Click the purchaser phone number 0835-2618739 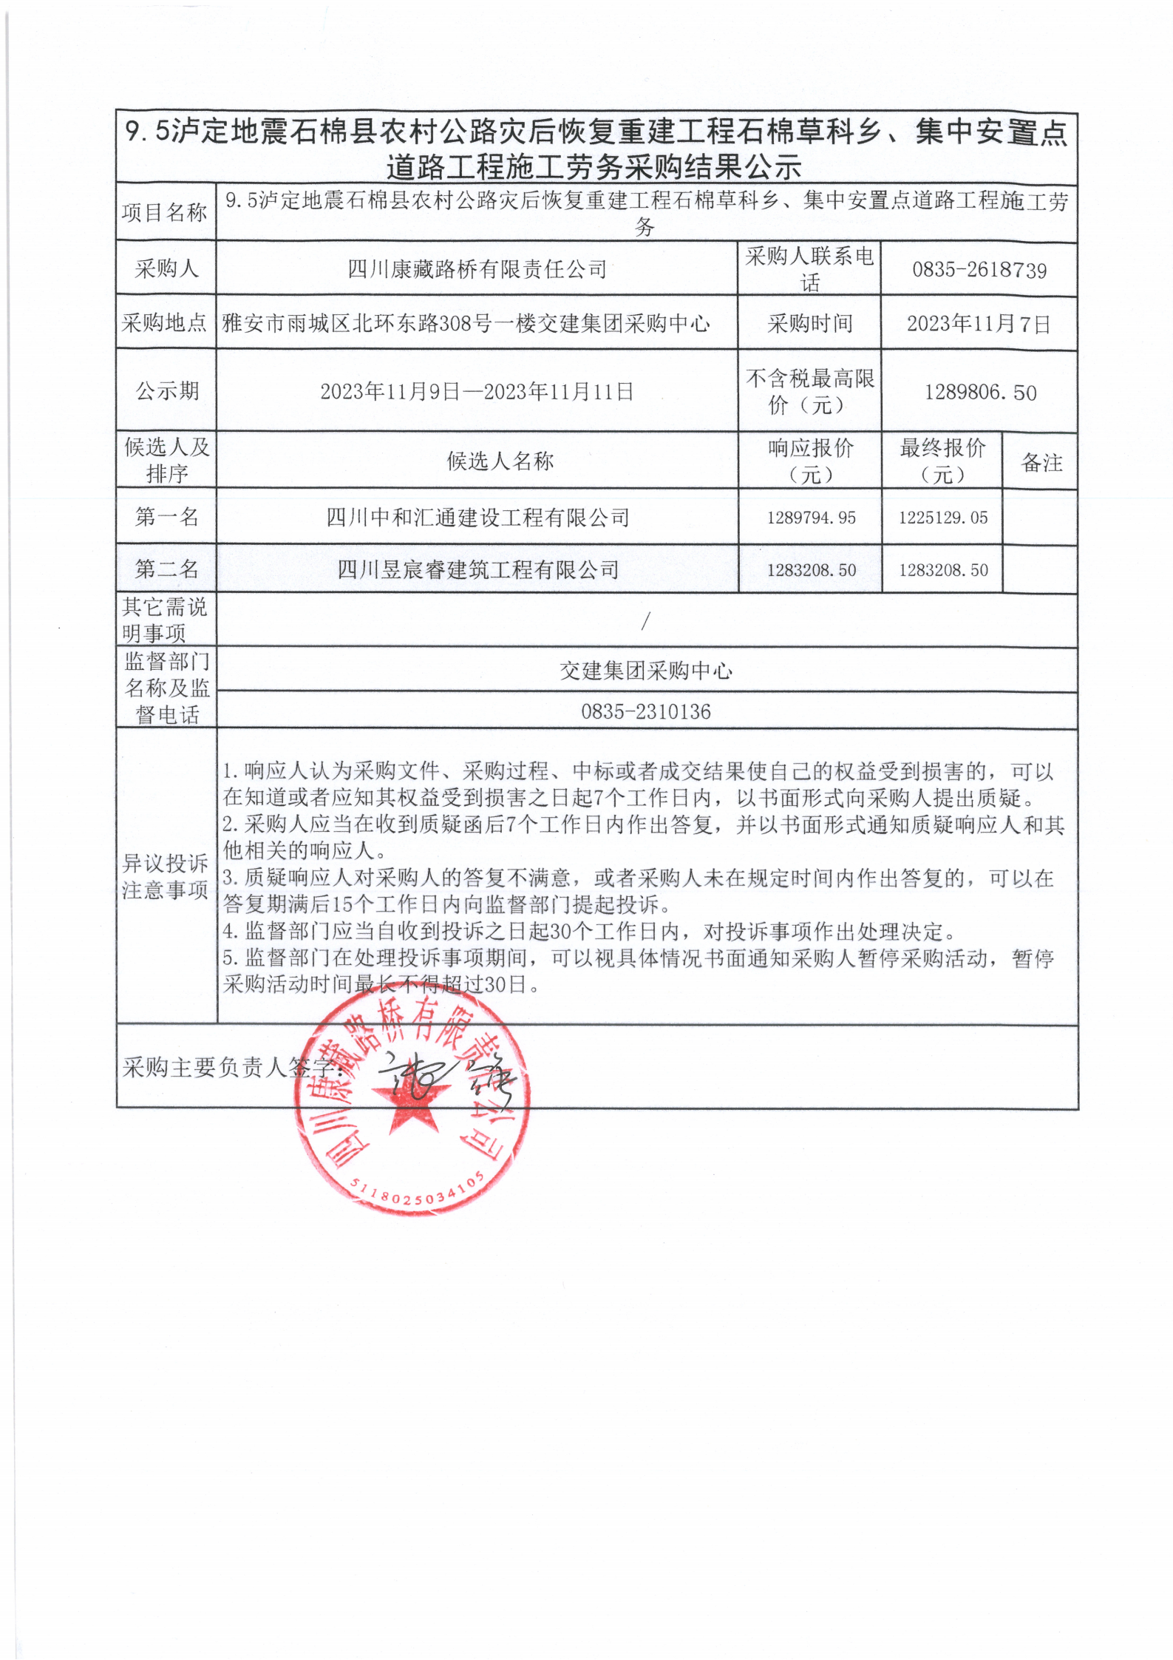[x=979, y=270]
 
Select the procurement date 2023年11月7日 [x=979, y=324]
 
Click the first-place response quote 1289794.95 [x=811, y=518]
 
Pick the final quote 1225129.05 [x=942, y=518]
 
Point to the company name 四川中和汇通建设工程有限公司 [x=477, y=517]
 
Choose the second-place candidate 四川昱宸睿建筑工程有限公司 [x=477, y=569]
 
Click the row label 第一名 [x=166, y=516]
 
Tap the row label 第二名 [x=166, y=569]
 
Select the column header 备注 [x=1041, y=463]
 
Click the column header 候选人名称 [x=500, y=461]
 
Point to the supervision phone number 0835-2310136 [x=645, y=711]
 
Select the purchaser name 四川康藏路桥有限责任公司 [x=477, y=269]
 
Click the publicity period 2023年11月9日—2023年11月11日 [x=477, y=391]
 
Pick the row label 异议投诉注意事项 [x=166, y=876]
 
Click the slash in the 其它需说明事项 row [x=645, y=622]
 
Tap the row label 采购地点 [x=165, y=323]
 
